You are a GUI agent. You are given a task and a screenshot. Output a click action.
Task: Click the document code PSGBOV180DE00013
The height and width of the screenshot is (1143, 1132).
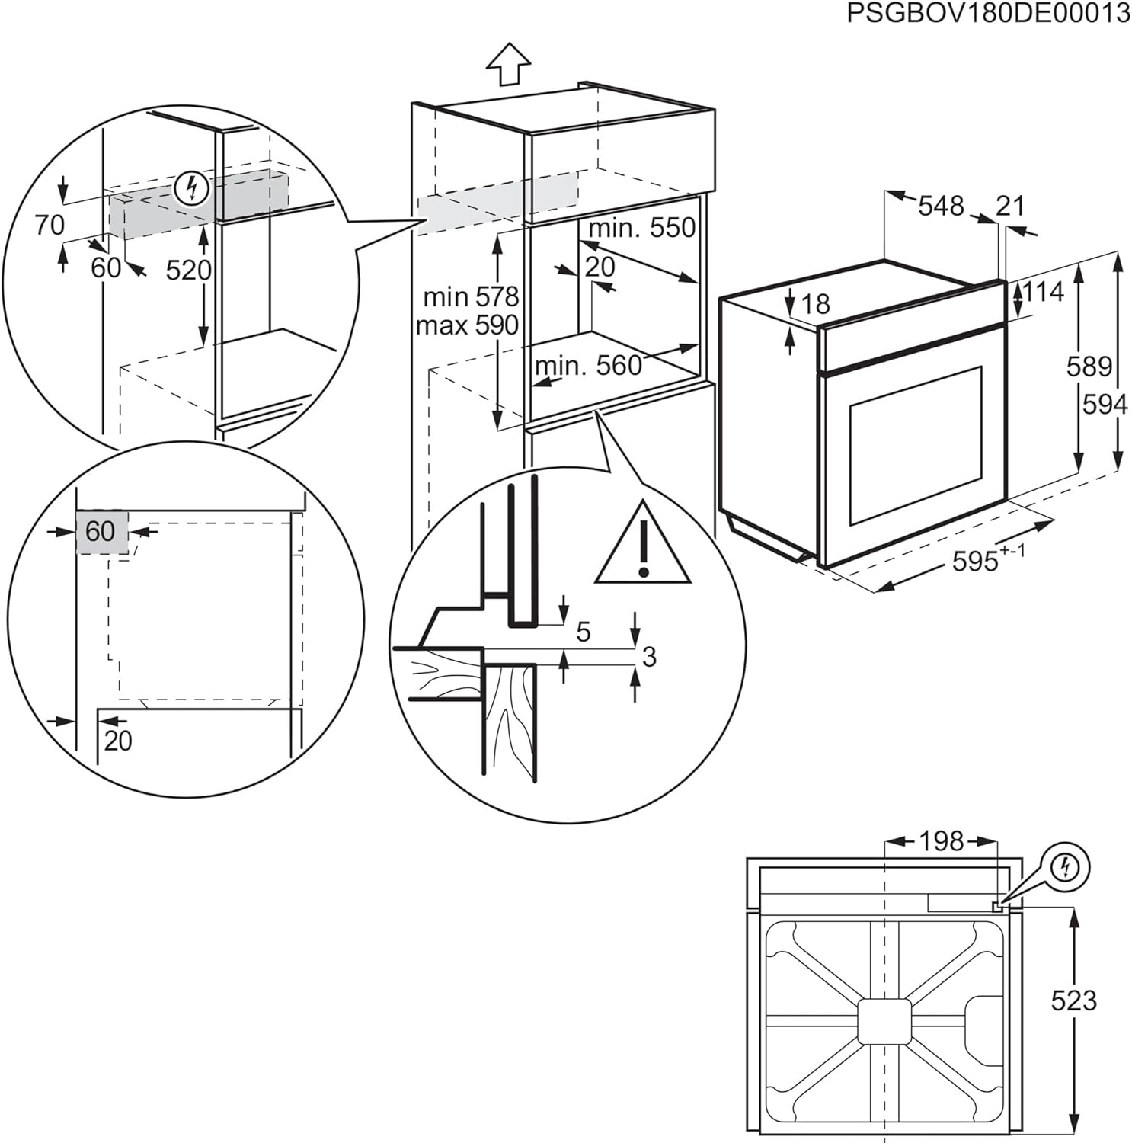(988, 14)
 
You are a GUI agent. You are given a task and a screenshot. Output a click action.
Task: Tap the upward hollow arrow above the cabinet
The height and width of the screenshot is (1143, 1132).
(508, 63)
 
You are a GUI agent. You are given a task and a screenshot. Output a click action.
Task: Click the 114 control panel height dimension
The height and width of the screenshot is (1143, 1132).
(1042, 291)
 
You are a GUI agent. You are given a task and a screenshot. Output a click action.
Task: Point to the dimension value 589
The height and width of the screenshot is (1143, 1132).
(1089, 367)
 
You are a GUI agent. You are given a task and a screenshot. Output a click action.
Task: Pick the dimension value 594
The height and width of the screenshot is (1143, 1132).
(1105, 405)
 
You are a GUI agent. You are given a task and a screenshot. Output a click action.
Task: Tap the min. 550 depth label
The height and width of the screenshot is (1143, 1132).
(641, 227)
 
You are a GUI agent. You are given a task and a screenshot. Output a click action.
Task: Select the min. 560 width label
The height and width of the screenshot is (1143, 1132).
(588, 366)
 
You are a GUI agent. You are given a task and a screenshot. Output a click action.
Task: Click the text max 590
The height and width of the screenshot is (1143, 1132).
(467, 325)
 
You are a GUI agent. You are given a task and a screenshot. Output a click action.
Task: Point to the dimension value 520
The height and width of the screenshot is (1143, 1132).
(188, 270)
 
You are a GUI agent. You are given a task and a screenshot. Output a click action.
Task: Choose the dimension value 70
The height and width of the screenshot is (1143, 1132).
(50, 225)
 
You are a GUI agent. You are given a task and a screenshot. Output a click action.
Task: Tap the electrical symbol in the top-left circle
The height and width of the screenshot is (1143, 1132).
(191, 187)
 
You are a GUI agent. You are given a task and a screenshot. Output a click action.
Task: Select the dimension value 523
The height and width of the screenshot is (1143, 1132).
(1073, 1001)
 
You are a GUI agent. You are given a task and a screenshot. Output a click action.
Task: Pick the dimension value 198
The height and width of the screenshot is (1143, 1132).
(942, 841)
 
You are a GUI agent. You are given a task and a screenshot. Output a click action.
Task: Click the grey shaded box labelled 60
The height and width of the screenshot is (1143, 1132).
(101, 531)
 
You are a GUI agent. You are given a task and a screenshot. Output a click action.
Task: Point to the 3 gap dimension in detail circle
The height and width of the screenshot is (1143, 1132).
(649, 657)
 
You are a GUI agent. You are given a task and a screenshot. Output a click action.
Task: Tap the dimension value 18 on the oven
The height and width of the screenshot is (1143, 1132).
(816, 304)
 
